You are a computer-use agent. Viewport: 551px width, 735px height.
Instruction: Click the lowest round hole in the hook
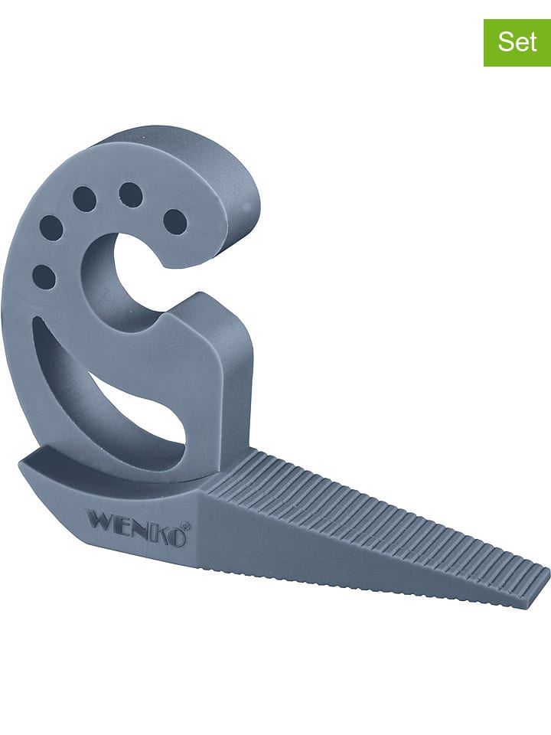click(x=44, y=276)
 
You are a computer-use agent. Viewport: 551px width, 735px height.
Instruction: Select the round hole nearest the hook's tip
click(x=175, y=221)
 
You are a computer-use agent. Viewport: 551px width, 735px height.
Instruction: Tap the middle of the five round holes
click(x=84, y=199)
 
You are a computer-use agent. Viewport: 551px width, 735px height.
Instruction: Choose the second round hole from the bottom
click(x=51, y=227)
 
